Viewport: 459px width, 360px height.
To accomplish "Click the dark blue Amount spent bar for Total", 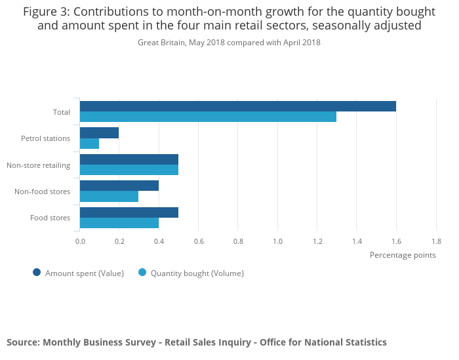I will [237, 106].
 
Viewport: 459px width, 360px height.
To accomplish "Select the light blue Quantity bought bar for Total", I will [208, 117].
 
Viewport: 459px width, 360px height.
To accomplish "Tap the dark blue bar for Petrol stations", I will [99, 133].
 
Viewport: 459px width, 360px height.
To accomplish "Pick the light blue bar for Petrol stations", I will [89, 144].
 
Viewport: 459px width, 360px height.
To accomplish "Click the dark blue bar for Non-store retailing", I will [129, 159].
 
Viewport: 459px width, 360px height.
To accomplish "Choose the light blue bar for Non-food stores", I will [109, 196].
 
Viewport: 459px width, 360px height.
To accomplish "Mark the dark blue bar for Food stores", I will [129, 212].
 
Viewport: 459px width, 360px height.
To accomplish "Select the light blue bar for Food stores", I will [119, 223].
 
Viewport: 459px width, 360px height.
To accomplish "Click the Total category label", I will [62, 112].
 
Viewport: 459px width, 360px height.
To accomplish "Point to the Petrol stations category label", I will [45, 138].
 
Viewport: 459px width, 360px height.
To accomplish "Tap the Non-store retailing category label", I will [38, 165].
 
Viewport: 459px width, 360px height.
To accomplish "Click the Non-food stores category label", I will [42, 191].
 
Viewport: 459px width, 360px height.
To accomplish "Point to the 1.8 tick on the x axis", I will [436, 241].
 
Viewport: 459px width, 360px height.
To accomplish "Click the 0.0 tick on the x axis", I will [80, 241].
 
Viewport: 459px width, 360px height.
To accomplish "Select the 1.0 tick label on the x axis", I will [277, 241].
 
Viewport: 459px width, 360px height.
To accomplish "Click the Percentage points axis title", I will [403, 255].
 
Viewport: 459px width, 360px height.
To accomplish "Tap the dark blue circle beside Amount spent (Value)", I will [37, 273].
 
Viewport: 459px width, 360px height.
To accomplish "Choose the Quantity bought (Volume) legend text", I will [197, 273].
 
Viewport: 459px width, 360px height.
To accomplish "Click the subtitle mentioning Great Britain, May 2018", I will [229, 43].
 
